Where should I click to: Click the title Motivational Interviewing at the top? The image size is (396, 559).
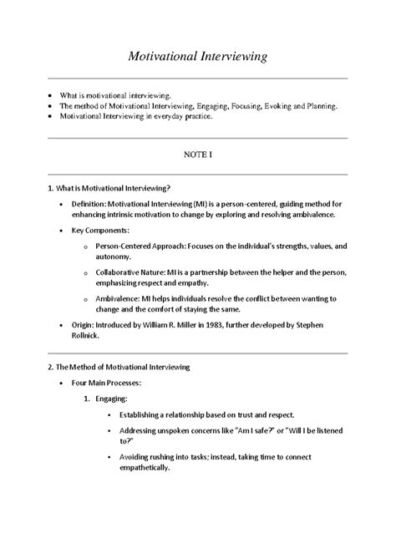197,58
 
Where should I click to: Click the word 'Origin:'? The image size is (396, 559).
85,323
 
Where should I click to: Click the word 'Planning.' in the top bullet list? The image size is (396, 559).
320,107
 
